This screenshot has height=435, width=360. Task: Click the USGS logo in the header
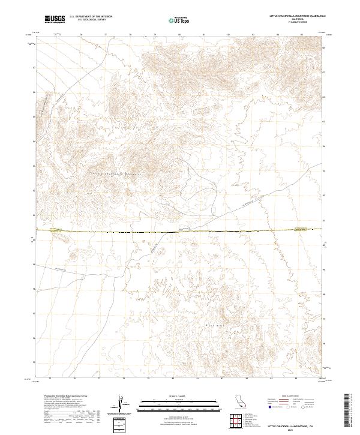pyautogui.click(x=54, y=19)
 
